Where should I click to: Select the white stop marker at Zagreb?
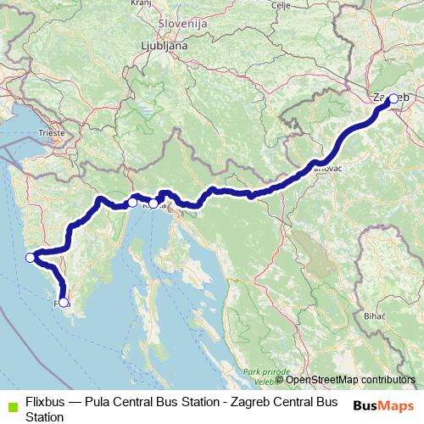coord(393,98)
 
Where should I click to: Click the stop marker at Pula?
coord(64,302)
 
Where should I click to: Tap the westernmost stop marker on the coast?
coord(31,258)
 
